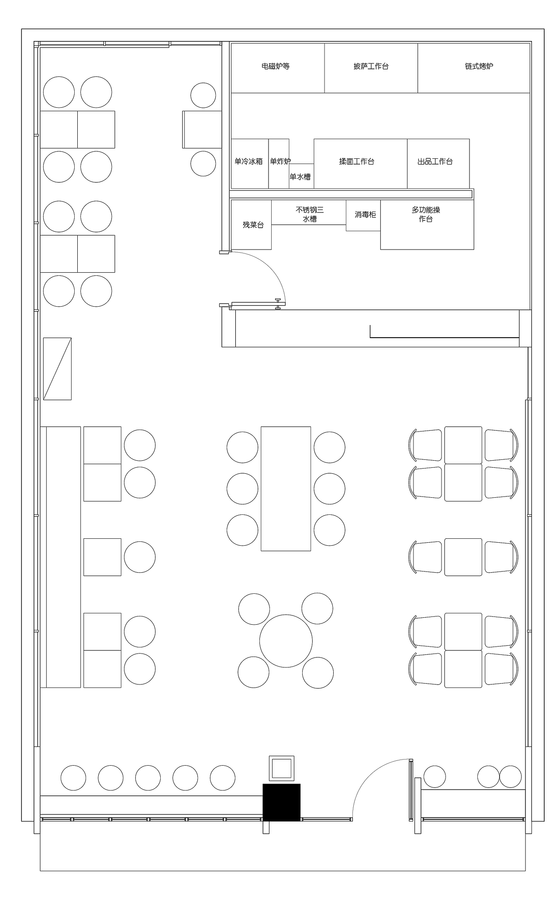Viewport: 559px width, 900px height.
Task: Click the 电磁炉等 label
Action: click(276, 66)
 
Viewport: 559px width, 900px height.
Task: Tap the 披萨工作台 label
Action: click(371, 66)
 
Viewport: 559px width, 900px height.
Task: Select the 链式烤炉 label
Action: click(479, 66)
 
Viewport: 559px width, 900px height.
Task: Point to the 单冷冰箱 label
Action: click(248, 161)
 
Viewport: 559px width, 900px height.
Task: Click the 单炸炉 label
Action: click(280, 161)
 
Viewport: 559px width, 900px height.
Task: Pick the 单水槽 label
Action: click(300, 177)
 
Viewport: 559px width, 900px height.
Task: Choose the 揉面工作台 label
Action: click(357, 161)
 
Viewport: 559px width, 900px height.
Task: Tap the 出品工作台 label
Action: click(435, 161)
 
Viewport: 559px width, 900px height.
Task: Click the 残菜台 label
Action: click(253, 225)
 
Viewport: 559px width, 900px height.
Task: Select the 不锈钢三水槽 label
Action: click(310, 214)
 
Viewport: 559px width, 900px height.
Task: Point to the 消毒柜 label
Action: click(365, 215)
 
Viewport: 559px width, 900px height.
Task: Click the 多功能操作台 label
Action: click(426, 214)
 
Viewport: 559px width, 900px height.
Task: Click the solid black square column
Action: click(281, 802)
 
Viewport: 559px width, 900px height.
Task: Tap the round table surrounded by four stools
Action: click(286, 641)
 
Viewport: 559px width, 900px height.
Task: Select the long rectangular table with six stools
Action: click(286, 489)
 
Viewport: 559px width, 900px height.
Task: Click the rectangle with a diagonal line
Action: click(57, 369)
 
